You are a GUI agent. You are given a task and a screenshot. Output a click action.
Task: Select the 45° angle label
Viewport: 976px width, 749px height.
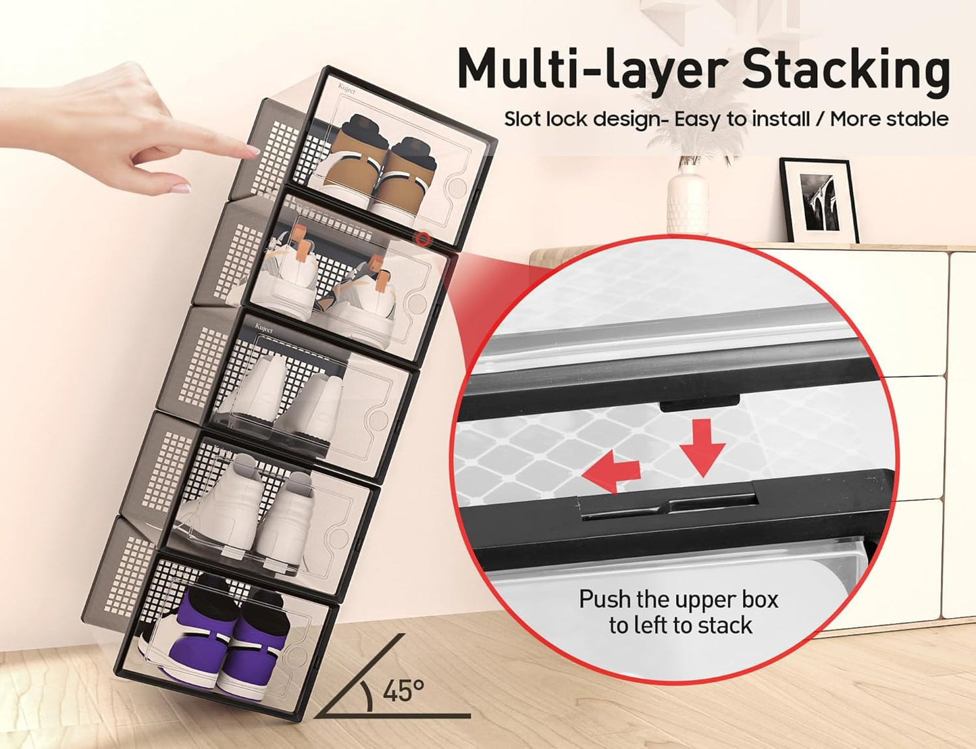tap(404, 690)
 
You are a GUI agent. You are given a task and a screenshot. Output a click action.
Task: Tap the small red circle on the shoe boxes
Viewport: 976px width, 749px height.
tap(423, 238)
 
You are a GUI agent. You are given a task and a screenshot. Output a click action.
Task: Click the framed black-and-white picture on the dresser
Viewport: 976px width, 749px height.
tap(819, 201)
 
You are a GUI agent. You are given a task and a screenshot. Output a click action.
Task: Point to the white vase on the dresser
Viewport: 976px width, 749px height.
tap(688, 199)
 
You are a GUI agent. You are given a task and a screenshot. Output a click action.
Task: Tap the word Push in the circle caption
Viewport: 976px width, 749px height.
tap(605, 600)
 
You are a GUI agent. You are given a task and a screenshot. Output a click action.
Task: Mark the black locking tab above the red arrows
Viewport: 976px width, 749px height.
tap(700, 405)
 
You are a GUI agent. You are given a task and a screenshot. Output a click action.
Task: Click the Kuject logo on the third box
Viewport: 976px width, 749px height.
tap(263, 329)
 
